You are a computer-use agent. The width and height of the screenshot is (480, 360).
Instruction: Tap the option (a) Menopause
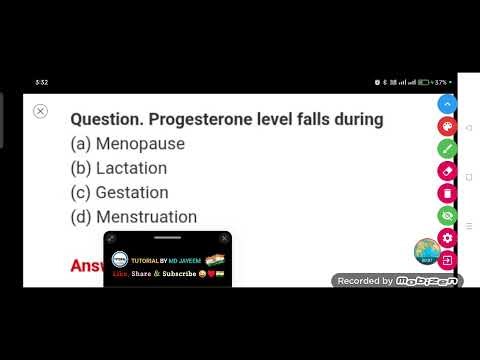coord(128,144)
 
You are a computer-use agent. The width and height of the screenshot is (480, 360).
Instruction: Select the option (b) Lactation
coord(119,168)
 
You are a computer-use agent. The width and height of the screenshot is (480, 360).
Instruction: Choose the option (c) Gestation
coord(119,192)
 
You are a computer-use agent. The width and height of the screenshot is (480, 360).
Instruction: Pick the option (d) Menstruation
coord(134,216)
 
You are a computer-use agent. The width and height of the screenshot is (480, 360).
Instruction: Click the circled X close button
coord(41,111)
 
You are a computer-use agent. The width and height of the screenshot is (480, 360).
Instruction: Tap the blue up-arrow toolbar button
coord(447,104)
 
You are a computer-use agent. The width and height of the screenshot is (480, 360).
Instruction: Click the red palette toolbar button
coord(447,126)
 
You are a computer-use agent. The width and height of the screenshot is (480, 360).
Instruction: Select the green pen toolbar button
coord(447,148)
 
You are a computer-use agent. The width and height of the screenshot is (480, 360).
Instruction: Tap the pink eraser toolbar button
coord(447,170)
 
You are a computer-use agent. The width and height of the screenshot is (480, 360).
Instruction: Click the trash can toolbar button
coord(447,192)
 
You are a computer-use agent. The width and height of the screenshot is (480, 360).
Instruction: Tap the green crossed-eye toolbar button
coord(447,214)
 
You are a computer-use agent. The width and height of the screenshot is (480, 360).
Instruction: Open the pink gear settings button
coord(447,237)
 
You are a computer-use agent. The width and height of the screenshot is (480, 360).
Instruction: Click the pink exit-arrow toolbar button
coord(447,260)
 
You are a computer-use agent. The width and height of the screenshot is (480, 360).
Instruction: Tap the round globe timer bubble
coord(427,252)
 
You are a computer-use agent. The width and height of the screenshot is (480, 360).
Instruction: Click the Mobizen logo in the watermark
coord(427,281)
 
